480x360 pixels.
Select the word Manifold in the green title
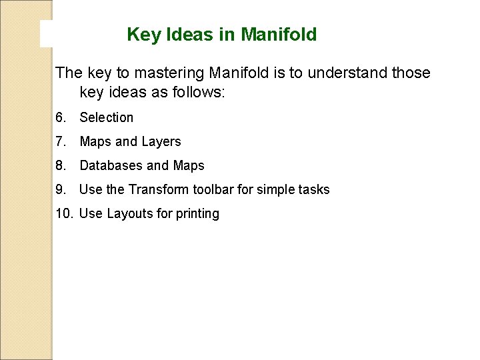coord(279,35)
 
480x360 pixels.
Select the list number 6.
coord(61,117)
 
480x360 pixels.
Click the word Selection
coord(107,117)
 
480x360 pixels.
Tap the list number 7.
coord(61,141)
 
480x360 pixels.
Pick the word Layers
coord(161,141)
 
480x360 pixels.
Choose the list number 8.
coord(61,165)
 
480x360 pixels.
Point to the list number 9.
coord(61,189)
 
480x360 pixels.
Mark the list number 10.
coord(63,213)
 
